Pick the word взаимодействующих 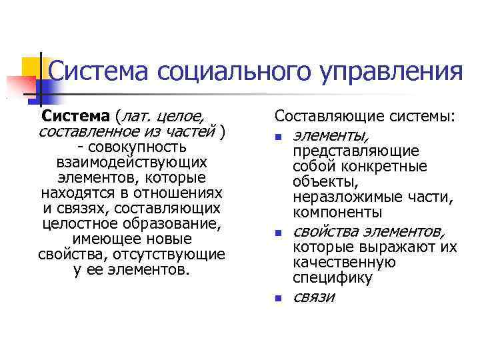132,162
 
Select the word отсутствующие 181,255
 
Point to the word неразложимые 345,197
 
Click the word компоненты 337,213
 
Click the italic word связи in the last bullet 313,297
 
